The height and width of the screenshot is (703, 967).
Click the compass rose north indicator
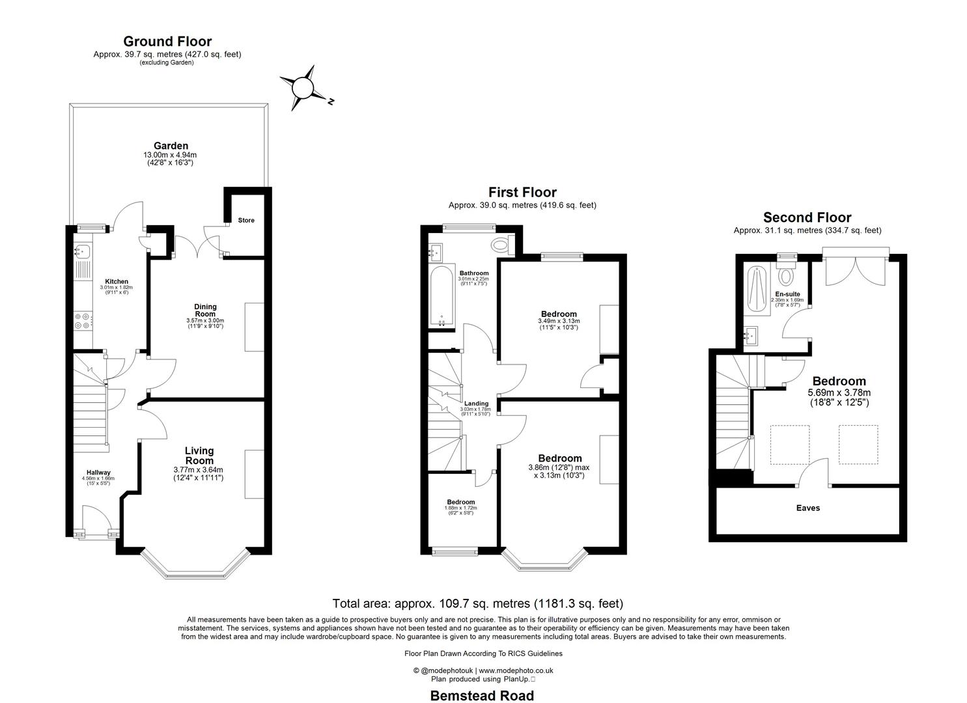tap(303, 87)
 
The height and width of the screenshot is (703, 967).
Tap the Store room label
tap(245, 220)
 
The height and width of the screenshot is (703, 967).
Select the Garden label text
tap(171, 146)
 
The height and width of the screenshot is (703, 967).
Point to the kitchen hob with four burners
tap(83, 320)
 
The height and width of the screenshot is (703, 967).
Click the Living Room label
tap(199, 455)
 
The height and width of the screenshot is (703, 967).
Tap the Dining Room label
tap(205, 310)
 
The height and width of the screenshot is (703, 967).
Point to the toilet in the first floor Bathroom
tap(500, 245)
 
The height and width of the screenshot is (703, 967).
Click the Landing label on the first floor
tap(476, 404)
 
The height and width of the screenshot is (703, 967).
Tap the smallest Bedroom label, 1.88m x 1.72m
tap(460, 502)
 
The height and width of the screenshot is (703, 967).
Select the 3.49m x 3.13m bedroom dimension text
tap(558, 321)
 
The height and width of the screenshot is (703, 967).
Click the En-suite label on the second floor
tap(787, 294)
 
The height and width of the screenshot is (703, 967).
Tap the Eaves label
tap(807, 508)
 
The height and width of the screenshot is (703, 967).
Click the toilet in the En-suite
tap(787, 275)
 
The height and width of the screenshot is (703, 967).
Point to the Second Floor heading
tap(807, 217)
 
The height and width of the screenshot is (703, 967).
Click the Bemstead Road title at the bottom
tap(482, 695)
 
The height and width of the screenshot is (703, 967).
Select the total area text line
tap(477, 603)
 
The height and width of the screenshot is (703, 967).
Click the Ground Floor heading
tap(167, 42)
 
